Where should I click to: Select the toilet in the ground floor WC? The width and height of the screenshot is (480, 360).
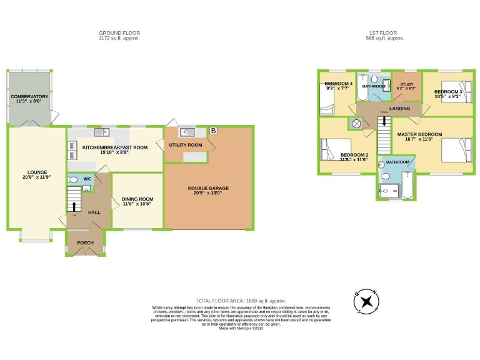pos(72,179)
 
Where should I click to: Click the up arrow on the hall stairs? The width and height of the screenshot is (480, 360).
pos(75,206)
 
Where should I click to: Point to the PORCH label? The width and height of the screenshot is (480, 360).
pos(85,242)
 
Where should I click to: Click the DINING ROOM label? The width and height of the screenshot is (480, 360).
pos(137,198)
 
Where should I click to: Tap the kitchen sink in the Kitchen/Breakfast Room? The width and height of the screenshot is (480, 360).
pos(106,131)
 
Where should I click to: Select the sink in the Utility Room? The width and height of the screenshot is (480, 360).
pos(186,132)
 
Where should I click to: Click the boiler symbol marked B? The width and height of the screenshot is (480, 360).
pos(214,131)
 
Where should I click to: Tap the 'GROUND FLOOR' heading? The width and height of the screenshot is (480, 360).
pos(119,32)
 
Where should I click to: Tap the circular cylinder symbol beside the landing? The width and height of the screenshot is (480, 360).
pos(357,123)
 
